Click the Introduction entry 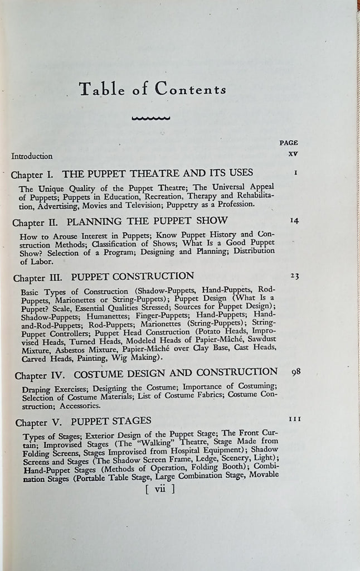click(x=32, y=157)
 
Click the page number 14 click(x=295, y=220)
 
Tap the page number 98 click(x=296, y=371)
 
